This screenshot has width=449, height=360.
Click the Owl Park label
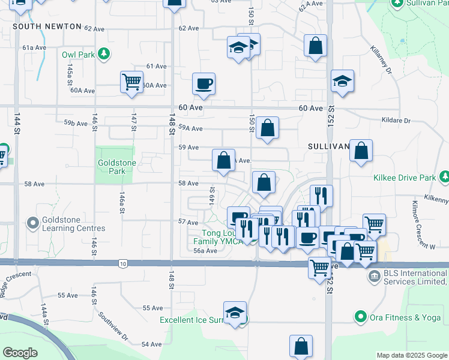click(79, 55)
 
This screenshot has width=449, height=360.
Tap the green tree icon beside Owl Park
click(104, 54)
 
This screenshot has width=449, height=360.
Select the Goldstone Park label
click(116, 167)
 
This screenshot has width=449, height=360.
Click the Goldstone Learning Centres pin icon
click(32, 224)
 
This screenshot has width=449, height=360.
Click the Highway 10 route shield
click(124, 263)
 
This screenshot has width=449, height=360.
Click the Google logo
click(20, 353)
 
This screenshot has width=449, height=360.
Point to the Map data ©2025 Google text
click(411, 355)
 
